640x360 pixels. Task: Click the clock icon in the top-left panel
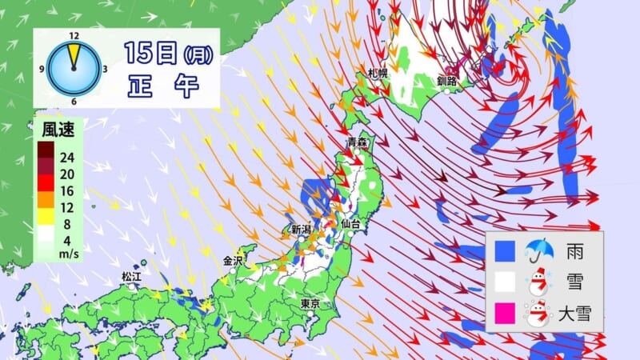74,66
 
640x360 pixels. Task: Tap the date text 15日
151,54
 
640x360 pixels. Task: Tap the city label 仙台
350,225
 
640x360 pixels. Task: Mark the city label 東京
311,304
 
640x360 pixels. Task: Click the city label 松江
131,276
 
